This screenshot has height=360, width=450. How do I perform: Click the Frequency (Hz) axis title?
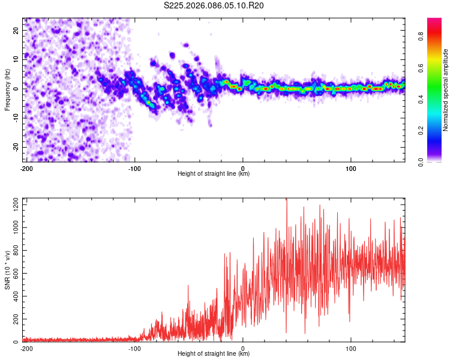7,90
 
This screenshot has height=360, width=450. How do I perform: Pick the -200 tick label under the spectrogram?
25,167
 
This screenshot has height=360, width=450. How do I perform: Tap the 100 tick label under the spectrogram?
350,167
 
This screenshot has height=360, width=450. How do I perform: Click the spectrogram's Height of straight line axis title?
214,174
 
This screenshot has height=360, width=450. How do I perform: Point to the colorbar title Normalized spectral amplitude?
446,90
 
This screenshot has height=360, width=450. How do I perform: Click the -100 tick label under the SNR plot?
134,348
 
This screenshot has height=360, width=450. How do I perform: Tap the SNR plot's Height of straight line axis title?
214,354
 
